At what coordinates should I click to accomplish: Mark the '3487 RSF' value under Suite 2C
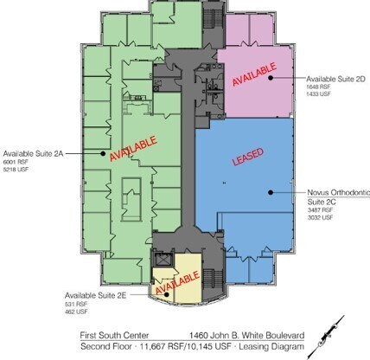pos(318,210)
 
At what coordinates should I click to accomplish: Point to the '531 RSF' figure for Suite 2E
pos(74,305)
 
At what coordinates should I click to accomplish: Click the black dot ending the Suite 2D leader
pos(271,78)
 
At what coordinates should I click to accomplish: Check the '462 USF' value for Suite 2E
pos(74,312)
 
